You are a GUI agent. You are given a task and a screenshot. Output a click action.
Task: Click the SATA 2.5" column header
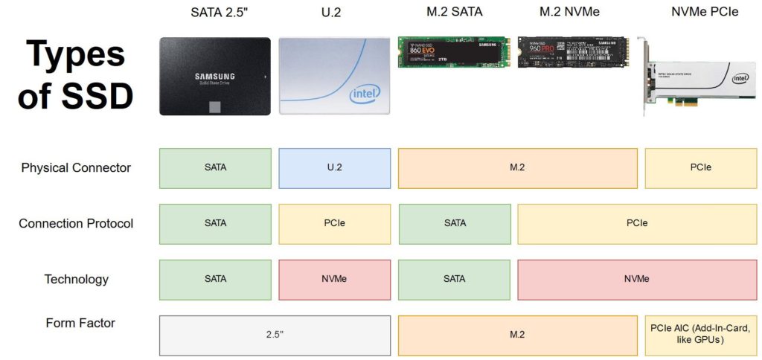(x=214, y=12)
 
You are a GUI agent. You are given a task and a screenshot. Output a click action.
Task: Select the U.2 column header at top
(x=332, y=12)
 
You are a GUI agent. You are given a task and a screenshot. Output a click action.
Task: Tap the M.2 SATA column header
(x=454, y=12)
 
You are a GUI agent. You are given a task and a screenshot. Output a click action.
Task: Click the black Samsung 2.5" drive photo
(x=214, y=76)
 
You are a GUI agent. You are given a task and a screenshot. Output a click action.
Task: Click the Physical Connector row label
(x=76, y=168)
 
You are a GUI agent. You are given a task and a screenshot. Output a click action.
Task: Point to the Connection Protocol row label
(x=76, y=224)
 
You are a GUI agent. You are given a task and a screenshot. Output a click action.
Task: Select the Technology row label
(x=76, y=280)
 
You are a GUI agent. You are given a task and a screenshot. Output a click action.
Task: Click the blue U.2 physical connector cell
(x=334, y=168)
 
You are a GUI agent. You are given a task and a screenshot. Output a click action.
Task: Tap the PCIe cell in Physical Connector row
(x=701, y=168)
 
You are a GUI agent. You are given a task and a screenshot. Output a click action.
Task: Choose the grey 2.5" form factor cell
(x=275, y=335)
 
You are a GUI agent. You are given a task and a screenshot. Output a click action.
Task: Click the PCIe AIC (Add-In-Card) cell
(x=701, y=335)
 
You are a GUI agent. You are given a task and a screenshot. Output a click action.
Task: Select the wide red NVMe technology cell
(x=637, y=280)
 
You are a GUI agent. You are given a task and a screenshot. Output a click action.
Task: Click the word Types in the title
(x=76, y=56)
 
